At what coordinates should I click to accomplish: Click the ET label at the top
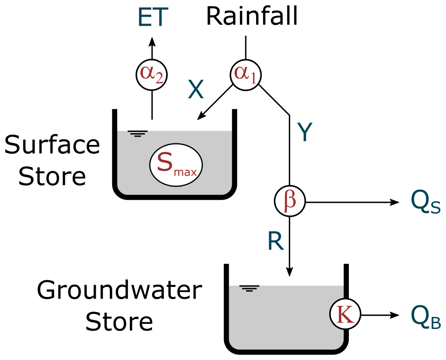(152, 18)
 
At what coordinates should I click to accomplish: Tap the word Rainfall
(252, 17)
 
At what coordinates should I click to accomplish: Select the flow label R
(276, 241)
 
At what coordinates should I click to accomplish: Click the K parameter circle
(345, 315)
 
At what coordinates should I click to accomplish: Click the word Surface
(52, 145)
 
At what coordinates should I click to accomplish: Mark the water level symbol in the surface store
(138, 134)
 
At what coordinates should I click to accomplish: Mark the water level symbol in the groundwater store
(249, 288)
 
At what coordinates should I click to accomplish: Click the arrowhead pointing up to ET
(152, 42)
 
